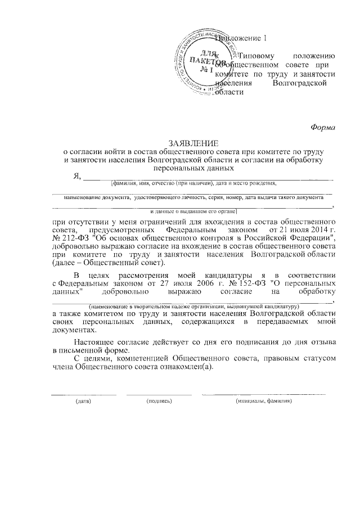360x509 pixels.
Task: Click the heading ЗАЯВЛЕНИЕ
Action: pyautogui.click(x=193, y=143)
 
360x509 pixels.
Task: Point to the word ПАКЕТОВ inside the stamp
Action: pyautogui.click(x=208, y=61)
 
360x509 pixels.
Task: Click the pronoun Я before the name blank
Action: pyautogui.click(x=76, y=175)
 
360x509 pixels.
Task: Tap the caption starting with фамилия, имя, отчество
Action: pyautogui.click(x=193, y=183)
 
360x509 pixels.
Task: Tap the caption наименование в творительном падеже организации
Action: pyautogui.click(x=190, y=304)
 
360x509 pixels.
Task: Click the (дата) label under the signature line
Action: pyautogui.click(x=83, y=402)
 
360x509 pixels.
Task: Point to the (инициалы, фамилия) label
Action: pyautogui.click(x=263, y=402)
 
